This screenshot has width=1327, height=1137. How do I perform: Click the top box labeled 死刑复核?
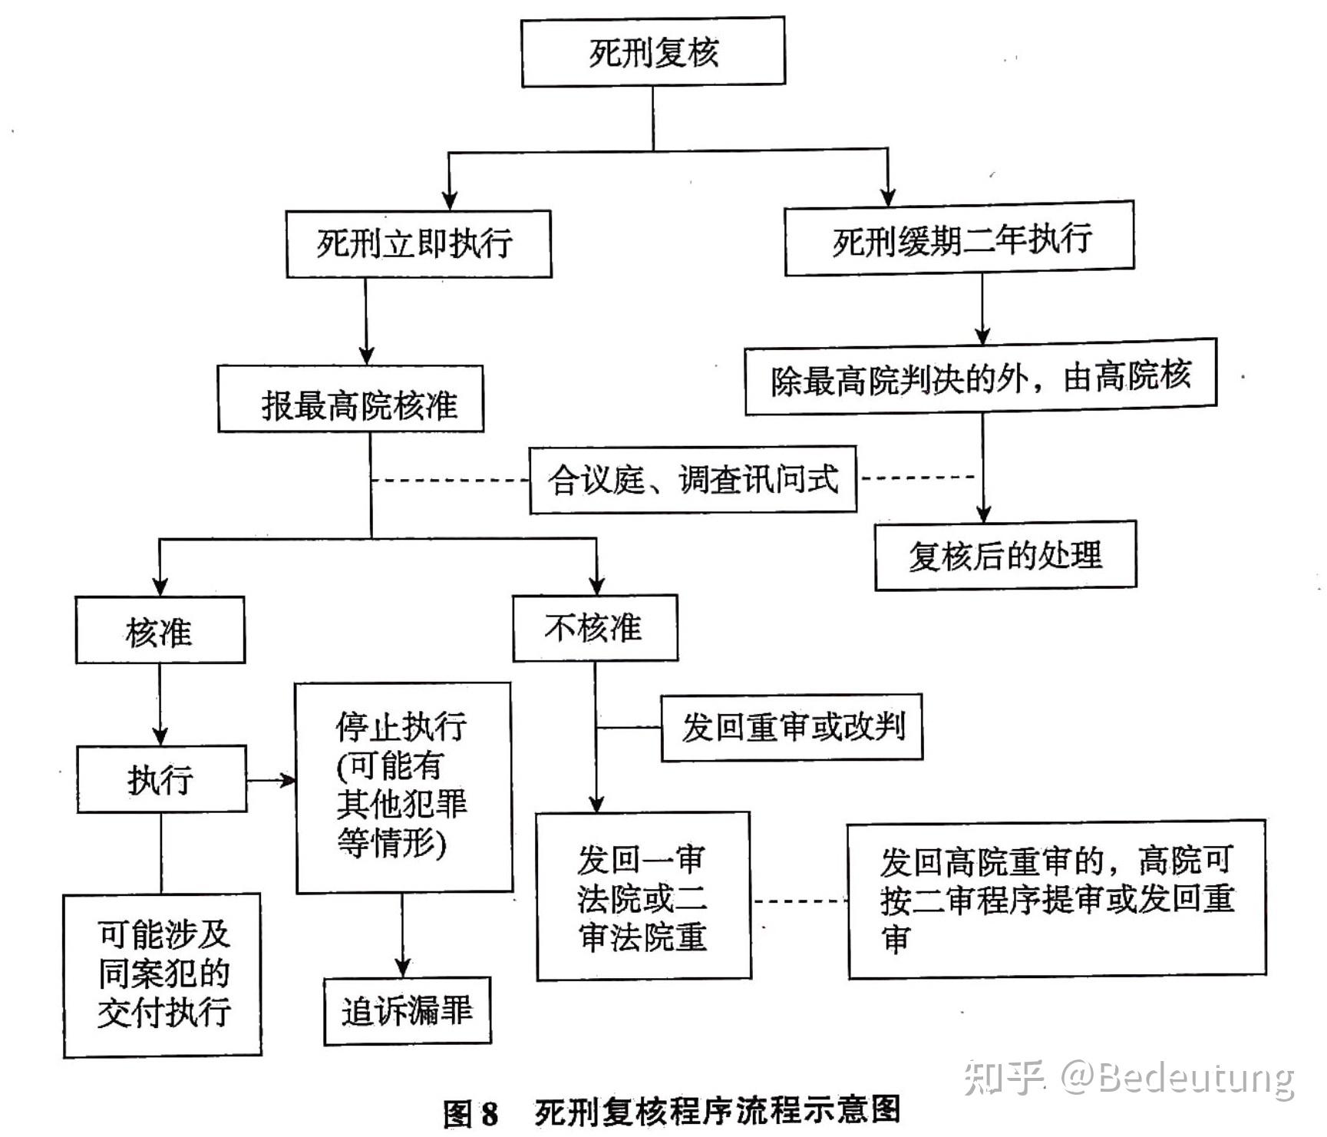(653, 52)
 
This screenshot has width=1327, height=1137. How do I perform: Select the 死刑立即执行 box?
(418, 243)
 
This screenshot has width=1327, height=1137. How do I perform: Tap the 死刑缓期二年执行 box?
(959, 239)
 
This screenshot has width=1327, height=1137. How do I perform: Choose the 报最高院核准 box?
(351, 399)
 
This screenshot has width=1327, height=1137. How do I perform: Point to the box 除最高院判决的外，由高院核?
(981, 377)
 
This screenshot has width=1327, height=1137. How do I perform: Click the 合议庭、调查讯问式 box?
(693, 480)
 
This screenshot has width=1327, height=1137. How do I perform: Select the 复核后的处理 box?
(1005, 556)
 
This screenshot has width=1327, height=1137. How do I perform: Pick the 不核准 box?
(596, 628)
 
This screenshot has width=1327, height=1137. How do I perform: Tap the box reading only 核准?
(160, 630)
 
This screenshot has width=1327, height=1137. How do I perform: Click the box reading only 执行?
(161, 779)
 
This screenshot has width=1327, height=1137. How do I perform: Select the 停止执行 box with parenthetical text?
(404, 788)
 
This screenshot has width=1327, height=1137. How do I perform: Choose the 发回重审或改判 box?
(792, 728)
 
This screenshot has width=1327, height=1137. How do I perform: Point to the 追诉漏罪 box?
(408, 1011)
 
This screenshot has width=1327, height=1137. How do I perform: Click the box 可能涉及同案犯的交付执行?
(162, 975)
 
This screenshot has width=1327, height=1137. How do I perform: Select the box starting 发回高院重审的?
(1057, 899)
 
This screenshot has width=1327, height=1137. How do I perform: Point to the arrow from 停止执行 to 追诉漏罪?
(402, 936)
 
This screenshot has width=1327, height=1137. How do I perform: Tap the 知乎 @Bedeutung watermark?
(1129, 1077)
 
